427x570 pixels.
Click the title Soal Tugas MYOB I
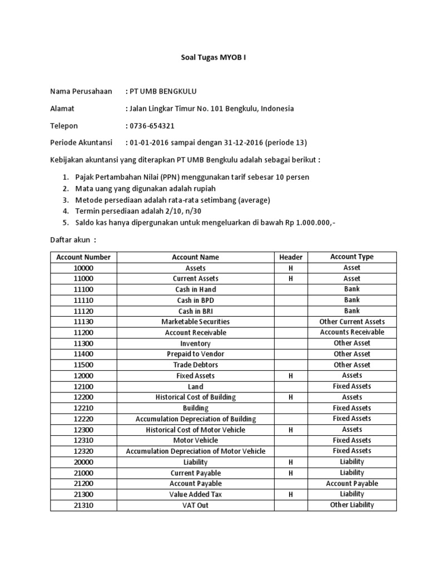pyautogui.click(x=213, y=57)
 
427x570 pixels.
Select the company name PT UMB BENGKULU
pyautogui.click(x=163, y=91)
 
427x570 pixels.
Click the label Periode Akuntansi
pyautogui.click(x=81, y=142)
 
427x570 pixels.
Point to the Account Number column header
pyautogui.click(x=83, y=257)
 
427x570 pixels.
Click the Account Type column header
pyautogui.click(x=351, y=257)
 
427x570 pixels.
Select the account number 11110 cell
pyautogui.click(x=83, y=300)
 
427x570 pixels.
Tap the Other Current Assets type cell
pyautogui.click(x=351, y=322)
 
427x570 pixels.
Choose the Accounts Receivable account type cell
pyautogui.click(x=351, y=332)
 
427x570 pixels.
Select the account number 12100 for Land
pyautogui.click(x=83, y=386)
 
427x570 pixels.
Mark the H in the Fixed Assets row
pyautogui.click(x=290, y=376)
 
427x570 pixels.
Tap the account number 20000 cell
pyautogui.click(x=83, y=462)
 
